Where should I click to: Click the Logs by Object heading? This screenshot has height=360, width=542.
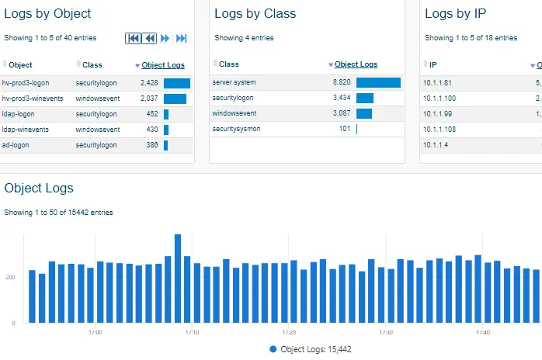click(47, 13)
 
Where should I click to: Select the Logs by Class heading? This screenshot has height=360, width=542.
click(255, 13)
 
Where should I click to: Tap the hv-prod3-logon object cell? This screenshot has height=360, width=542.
click(26, 82)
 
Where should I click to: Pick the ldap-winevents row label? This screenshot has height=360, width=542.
click(27, 130)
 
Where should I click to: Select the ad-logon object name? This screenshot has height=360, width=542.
click(16, 145)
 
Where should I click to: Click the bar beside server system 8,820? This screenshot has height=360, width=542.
click(378, 82)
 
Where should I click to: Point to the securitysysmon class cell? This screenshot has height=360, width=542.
click(237, 129)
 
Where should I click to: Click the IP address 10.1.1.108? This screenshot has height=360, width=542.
click(440, 129)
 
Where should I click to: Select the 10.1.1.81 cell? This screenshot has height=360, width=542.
click(437, 82)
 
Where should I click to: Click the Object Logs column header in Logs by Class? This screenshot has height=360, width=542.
click(356, 64)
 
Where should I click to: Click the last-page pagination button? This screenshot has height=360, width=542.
click(182, 38)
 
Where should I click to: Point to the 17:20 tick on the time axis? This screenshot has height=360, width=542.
click(289, 332)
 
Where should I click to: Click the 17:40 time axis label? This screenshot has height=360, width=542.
click(481, 332)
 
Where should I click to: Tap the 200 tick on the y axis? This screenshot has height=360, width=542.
click(9, 277)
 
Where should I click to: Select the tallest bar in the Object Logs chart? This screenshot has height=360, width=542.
click(178, 278)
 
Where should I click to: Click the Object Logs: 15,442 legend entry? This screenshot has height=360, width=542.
click(310, 350)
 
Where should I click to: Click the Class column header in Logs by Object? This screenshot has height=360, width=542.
click(92, 65)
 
